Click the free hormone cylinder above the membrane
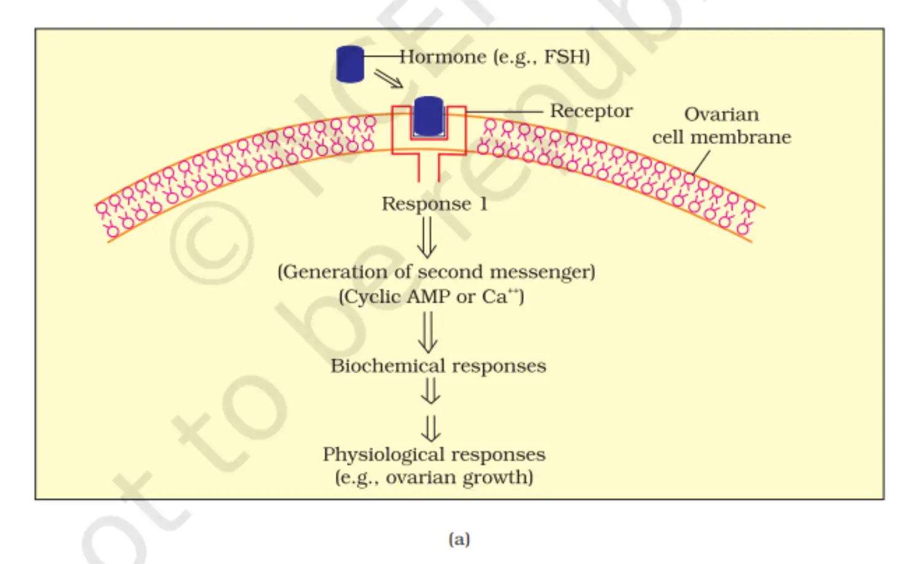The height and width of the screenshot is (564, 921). [x=350, y=64]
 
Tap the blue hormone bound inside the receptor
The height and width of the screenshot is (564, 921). [x=429, y=117]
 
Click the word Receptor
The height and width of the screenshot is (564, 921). [x=591, y=110]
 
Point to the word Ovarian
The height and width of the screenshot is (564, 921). [x=721, y=114]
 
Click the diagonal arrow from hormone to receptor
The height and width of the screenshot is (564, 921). [x=389, y=79]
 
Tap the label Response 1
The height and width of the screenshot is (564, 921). [x=435, y=204]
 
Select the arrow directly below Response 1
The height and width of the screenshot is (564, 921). [x=427, y=238]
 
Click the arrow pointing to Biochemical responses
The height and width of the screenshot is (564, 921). [x=427, y=332]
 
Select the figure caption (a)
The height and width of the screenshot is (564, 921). [x=459, y=539]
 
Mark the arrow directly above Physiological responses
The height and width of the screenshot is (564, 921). [x=430, y=429]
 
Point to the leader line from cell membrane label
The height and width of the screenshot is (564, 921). [x=701, y=163]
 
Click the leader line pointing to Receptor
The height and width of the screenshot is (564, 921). [x=505, y=112]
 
